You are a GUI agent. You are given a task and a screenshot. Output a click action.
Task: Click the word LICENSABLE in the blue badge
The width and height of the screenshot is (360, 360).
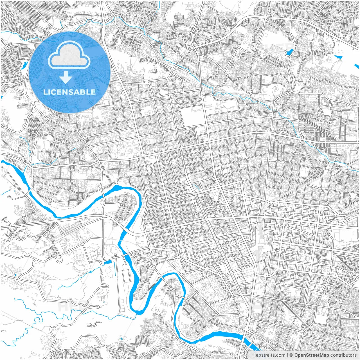[69, 92]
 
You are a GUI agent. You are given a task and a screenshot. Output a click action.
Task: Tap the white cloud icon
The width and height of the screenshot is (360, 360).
[69, 55]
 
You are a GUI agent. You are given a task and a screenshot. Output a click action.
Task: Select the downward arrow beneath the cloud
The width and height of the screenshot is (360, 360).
[66, 77]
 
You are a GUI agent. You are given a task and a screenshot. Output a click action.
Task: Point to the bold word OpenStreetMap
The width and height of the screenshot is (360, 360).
[312, 355]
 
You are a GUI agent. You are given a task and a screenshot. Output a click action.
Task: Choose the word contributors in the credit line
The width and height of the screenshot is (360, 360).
[343, 355]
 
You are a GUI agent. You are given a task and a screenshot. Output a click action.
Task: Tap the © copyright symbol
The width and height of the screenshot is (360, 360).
[291, 355]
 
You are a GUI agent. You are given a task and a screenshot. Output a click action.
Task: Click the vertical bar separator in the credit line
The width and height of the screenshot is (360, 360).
[287, 355]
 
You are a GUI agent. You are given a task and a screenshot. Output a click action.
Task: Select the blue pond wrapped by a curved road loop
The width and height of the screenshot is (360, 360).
[289, 52]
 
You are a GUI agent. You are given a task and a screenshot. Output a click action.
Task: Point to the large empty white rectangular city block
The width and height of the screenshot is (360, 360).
[192, 116]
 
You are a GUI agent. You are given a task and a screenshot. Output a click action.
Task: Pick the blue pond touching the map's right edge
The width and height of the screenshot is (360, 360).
[357, 66]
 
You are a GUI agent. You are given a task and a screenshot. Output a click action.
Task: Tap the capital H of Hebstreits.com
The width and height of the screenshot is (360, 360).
[254, 355]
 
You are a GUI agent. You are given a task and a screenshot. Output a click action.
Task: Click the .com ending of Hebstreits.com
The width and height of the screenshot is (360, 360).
[280, 355]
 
